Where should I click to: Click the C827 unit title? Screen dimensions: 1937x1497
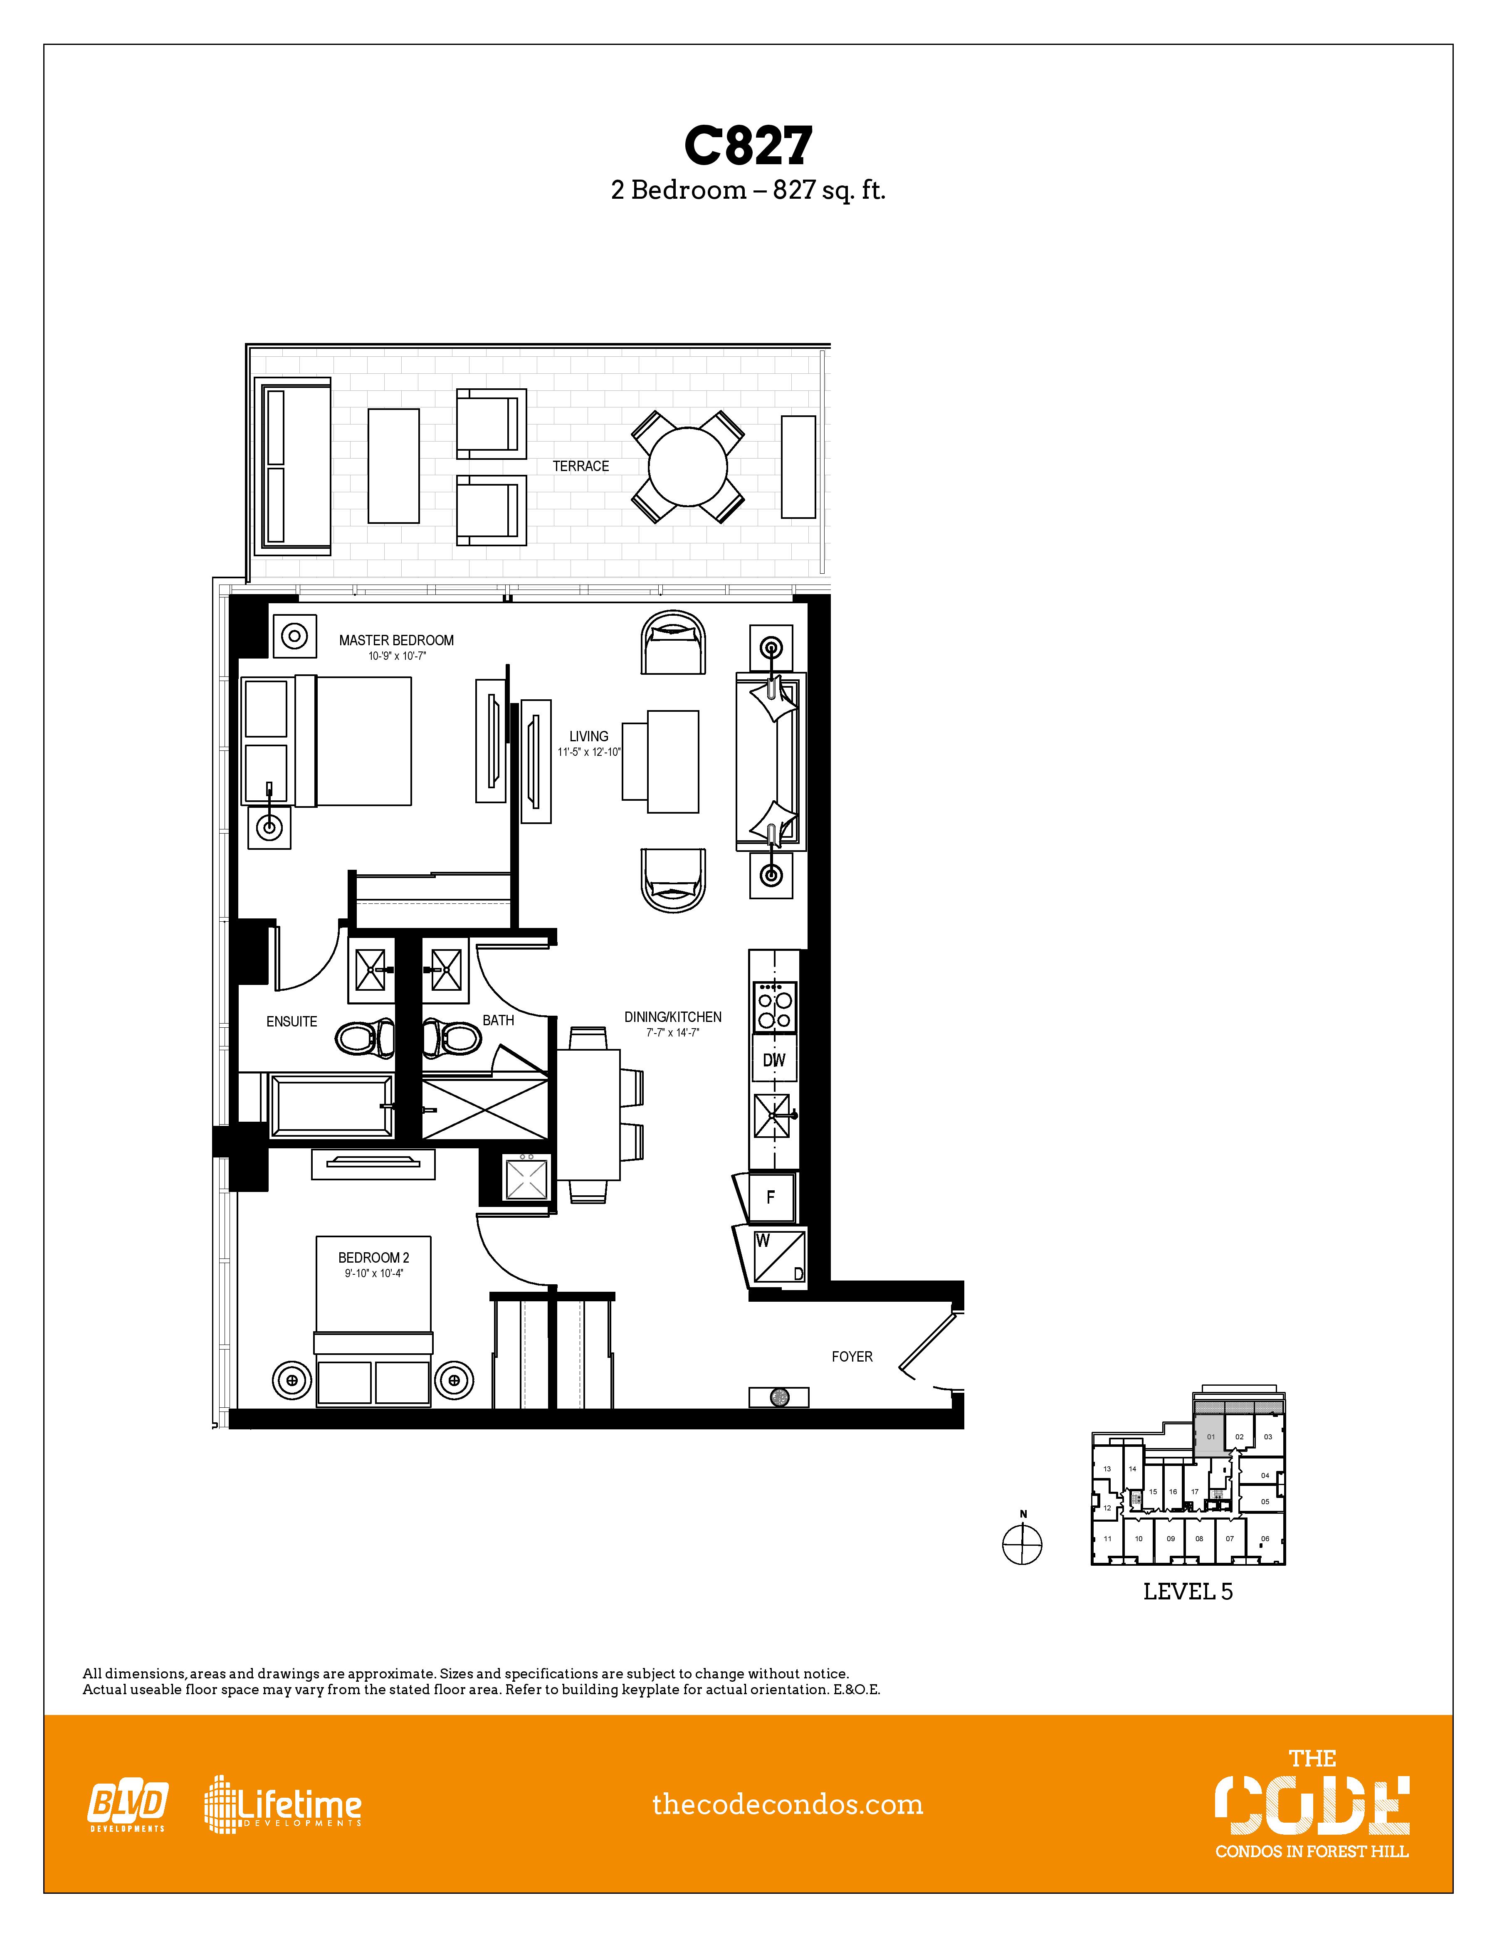coord(748,146)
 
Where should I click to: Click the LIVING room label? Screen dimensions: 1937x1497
coord(589,736)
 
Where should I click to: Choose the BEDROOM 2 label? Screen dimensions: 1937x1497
coord(373,1258)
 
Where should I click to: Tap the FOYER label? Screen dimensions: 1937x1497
coord(851,1356)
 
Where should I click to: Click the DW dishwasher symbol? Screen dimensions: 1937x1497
coord(773,1060)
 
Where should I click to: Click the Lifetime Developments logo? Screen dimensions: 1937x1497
coord(284,1805)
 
